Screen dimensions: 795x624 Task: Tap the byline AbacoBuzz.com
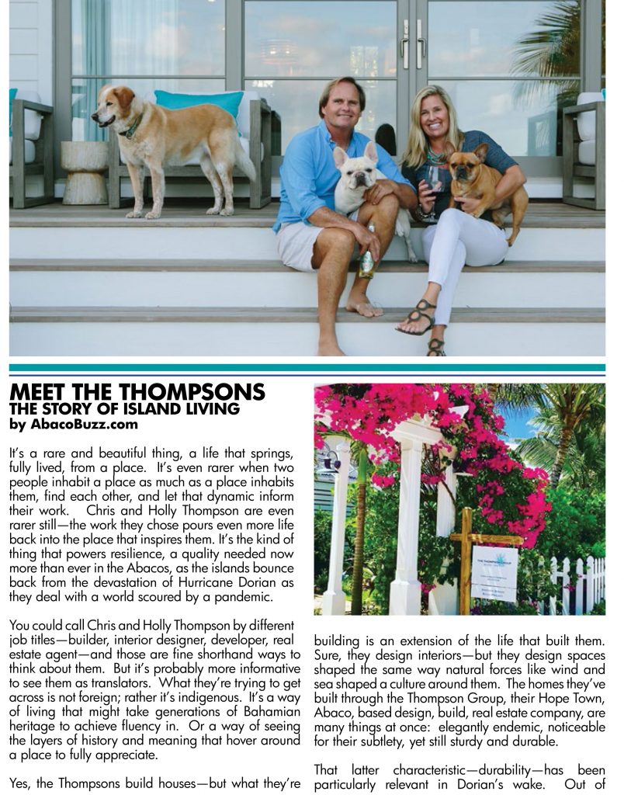click(74, 424)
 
